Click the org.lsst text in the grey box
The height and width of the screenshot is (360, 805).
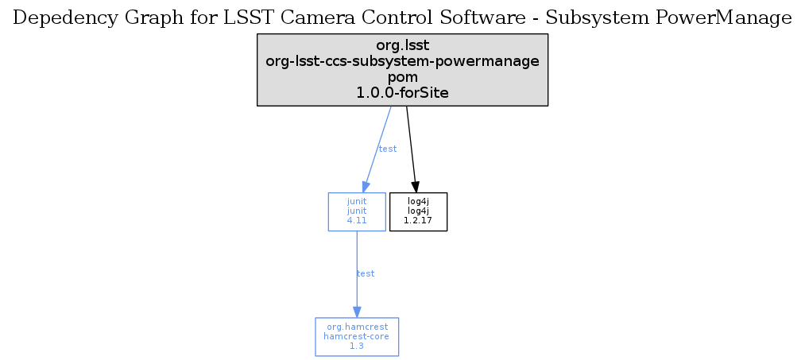[x=402, y=45]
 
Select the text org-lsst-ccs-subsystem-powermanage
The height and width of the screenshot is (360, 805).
[x=402, y=61]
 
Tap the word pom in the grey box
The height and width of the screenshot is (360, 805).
[x=402, y=77]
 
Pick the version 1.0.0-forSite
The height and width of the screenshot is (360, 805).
[x=402, y=93]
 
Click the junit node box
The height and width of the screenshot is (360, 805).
[x=357, y=211]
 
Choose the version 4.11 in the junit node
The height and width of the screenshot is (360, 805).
[x=357, y=221]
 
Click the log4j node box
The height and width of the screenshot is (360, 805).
[x=419, y=211]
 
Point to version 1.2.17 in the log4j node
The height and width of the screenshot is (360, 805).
[x=419, y=221]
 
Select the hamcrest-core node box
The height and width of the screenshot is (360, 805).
[x=357, y=337]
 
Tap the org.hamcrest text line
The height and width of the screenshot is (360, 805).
[x=357, y=327]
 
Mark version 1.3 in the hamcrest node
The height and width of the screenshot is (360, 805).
[x=357, y=346]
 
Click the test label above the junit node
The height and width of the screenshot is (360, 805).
[x=388, y=149]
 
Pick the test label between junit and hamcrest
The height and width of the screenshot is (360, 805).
[x=366, y=273]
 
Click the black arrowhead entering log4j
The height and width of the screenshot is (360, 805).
[x=416, y=187]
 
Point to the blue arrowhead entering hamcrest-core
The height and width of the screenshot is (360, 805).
[x=357, y=312]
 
